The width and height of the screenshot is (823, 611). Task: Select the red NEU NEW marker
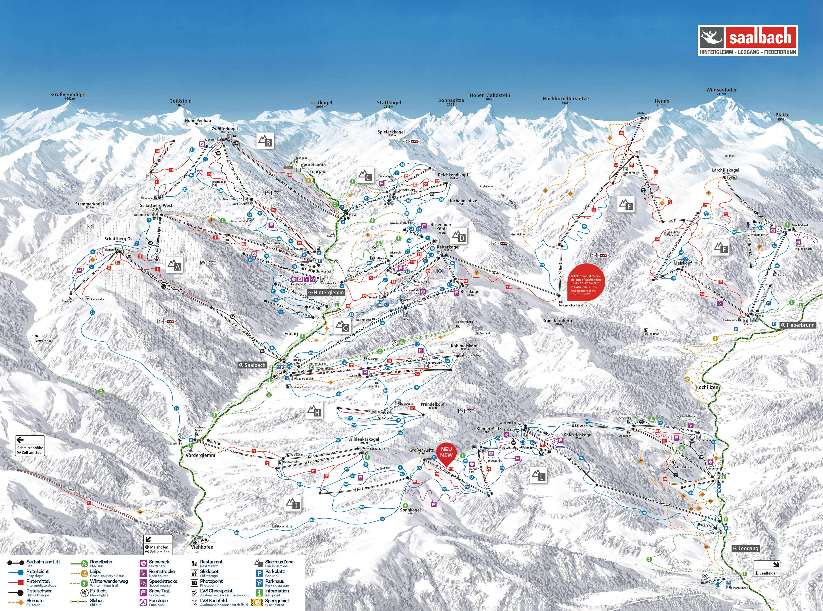tap(446, 453)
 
